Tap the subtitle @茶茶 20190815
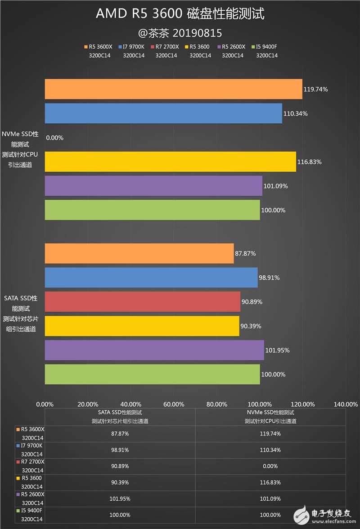(x=180, y=33)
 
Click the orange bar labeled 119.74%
(x=173, y=89)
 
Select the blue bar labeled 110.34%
(x=163, y=113)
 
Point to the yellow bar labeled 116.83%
(x=170, y=161)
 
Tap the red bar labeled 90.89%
(x=142, y=301)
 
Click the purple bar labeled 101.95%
(x=154, y=350)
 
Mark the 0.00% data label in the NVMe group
(x=55, y=138)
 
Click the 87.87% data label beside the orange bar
(x=245, y=253)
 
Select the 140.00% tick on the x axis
(x=345, y=404)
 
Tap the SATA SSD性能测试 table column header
(x=120, y=417)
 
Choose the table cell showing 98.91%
(x=120, y=450)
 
